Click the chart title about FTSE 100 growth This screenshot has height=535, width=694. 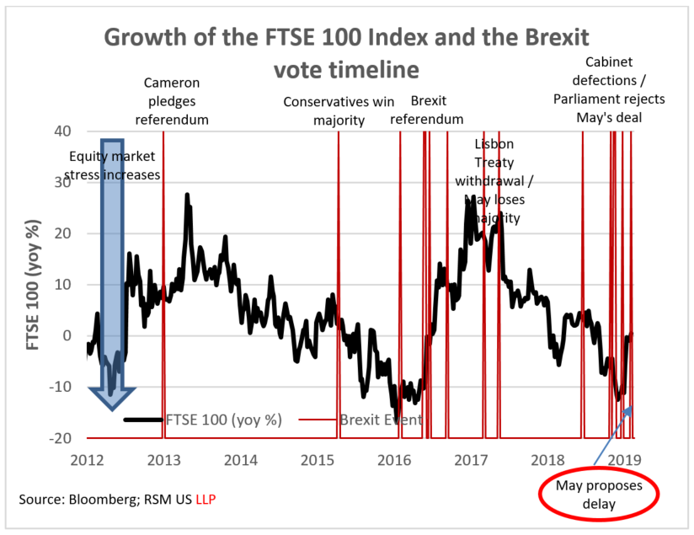pos(346,52)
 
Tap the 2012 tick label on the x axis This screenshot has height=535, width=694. pos(87,459)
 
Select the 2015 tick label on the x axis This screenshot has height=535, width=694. pos(318,459)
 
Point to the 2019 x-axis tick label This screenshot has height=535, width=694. pos(626,459)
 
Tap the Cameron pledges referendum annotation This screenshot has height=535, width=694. pos(172,101)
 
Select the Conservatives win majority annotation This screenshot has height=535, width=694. pos(339,110)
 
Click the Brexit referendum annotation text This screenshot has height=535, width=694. pos(427,110)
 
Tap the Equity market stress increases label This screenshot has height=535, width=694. pos(115,165)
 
